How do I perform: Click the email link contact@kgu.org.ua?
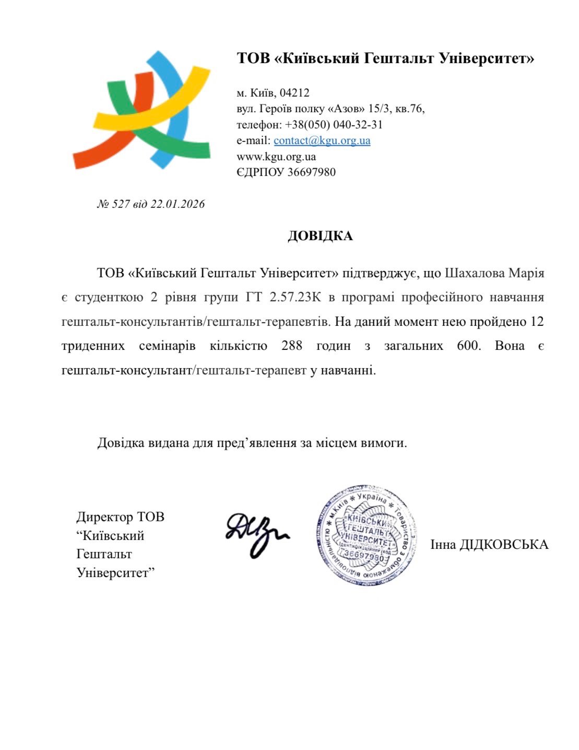322,140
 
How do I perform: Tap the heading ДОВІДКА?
320,236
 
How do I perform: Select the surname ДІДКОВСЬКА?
504,545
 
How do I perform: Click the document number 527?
121,204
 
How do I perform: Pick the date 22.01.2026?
178,204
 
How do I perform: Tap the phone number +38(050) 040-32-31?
334,125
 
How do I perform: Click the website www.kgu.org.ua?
276,156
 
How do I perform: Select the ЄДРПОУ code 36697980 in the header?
312,172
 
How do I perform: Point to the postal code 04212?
294,93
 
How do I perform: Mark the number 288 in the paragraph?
292,346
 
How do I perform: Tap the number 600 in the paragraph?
468,346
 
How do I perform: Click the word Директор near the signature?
105,517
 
